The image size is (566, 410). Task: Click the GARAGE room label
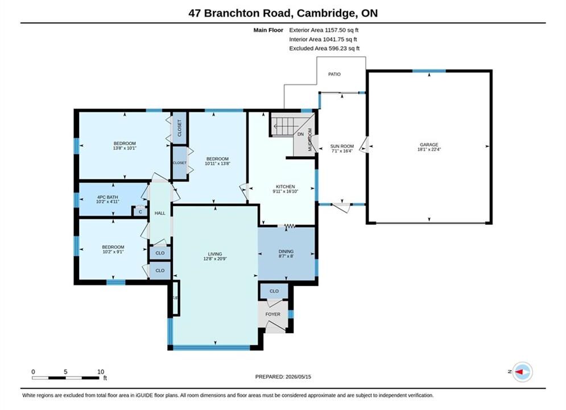click(x=429, y=145)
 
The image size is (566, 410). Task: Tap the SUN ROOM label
click(x=342, y=146)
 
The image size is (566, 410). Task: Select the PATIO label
click(x=334, y=74)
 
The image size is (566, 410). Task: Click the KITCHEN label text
click(x=285, y=187)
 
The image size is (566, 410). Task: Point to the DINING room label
click(x=286, y=252)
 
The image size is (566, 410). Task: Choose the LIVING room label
click(x=215, y=254)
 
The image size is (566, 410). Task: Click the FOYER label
click(x=273, y=314)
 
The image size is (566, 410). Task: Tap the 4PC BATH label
click(x=108, y=197)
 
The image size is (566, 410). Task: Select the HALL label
click(x=160, y=213)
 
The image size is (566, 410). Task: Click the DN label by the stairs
click(x=301, y=134)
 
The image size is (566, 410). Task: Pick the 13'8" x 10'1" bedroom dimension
click(x=125, y=148)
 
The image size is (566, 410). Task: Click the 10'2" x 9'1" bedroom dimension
click(x=113, y=252)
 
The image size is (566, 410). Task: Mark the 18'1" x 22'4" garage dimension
click(x=429, y=149)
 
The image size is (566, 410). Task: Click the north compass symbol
click(x=522, y=372)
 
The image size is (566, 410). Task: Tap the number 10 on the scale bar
click(x=101, y=372)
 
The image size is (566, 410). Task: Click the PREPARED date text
click(x=283, y=377)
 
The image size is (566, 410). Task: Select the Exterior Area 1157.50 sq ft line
click(x=324, y=30)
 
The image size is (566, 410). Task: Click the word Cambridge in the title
click(x=325, y=13)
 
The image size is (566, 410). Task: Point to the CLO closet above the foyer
click(x=274, y=291)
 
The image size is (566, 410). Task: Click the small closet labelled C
click(x=141, y=212)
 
